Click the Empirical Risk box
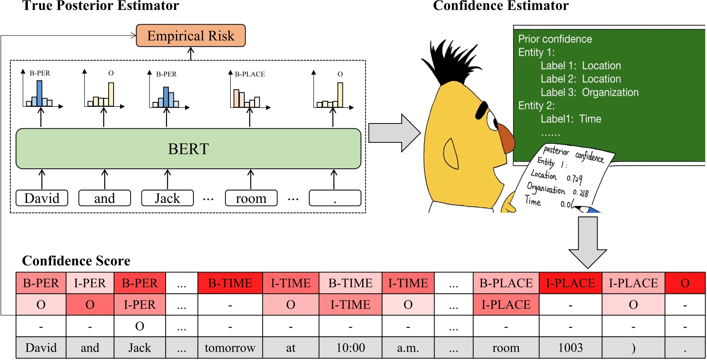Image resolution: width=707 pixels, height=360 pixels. pos(191,36)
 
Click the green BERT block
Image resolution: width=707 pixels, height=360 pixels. pos(188,149)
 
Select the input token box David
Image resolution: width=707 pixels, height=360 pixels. pos(42,198)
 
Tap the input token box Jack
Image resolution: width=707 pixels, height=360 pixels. pos(167,198)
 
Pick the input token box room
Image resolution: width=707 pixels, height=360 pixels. pos(251,198)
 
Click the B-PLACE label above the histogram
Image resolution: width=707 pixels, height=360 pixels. pos(250,74)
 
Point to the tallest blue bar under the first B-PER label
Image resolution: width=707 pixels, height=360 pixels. pos(40,93)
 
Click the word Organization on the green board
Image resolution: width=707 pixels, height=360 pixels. pos(610,92)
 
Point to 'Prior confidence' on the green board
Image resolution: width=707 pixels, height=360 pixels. pos(555,39)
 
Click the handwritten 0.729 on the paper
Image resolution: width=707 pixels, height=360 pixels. pos(574,179)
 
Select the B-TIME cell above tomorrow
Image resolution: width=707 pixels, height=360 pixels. pos(230,283)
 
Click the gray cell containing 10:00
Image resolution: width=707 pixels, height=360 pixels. pos(350,348)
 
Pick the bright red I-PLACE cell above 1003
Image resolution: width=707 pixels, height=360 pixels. pos(570,283)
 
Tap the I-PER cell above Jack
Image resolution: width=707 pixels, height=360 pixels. pos(140,305)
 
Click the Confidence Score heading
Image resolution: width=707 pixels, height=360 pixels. pos(76,261)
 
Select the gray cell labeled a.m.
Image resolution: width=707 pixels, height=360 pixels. pos(408,348)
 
